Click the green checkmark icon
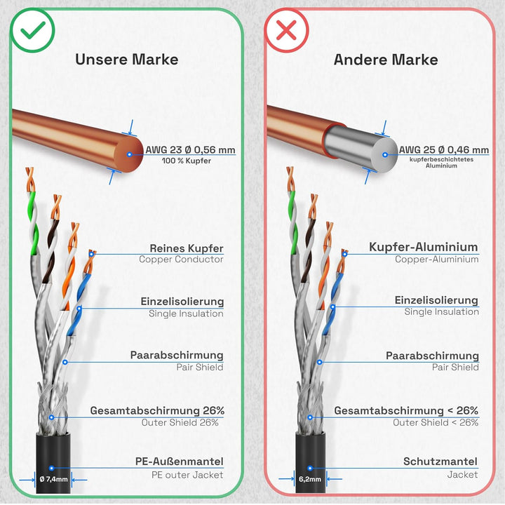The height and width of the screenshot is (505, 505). tap(32, 30)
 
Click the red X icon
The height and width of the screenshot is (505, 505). tap(286, 30)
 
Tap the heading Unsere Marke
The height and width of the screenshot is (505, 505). tap(126, 60)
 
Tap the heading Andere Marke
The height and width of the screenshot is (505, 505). tap(386, 60)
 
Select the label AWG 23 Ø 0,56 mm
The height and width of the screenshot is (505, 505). tap(190, 150)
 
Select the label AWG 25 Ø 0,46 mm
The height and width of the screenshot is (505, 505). tap(444, 150)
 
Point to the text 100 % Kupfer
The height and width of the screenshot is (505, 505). tap(187, 161)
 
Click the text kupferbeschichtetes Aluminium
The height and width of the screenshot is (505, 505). tap(441, 162)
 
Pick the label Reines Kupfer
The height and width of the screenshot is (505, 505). tap(187, 248)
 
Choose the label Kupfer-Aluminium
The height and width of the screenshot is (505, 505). tap(424, 247)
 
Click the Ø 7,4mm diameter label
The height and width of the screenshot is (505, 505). tap(53, 479)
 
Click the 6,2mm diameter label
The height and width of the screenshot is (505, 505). tap(310, 479)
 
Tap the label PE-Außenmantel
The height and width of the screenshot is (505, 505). tap(179, 462)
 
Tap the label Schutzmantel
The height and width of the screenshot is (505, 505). tap(440, 462)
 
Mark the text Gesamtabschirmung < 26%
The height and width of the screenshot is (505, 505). tap(406, 410)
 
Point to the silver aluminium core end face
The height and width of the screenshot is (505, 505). tap(385, 154)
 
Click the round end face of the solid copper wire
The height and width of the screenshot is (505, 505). tap(130, 154)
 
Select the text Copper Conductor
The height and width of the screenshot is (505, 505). tap(181, 260)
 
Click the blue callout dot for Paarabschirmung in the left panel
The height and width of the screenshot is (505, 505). tap(65, 363)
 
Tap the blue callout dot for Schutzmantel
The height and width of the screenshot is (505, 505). tap(310, 468)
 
